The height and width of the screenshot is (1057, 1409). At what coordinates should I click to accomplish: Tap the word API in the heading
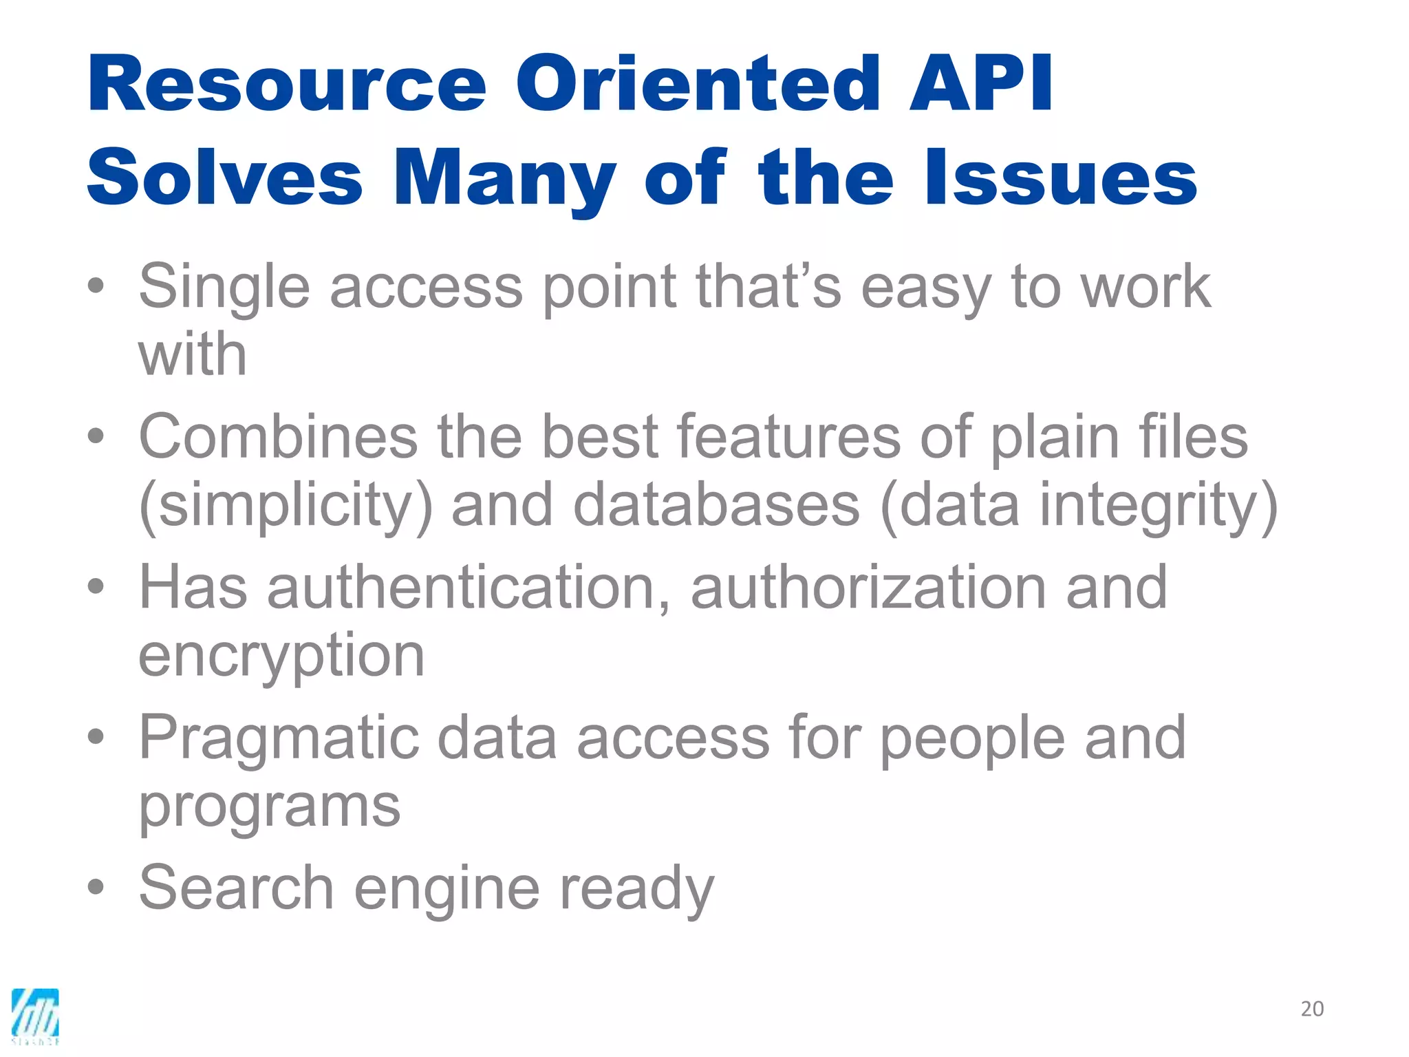tap(980, 84)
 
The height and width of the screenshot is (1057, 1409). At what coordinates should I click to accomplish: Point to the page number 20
tap(1312, 1009)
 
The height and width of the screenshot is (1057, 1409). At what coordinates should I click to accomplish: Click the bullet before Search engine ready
tap(96, 887)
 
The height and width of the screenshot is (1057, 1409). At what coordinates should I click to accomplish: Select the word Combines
tap(278, 437)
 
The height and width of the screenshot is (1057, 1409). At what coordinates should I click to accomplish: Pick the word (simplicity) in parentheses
tap(286, 506)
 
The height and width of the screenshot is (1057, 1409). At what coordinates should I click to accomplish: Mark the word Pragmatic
tap(279, 738)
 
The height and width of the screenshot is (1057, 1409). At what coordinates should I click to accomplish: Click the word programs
tap(269, 807)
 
